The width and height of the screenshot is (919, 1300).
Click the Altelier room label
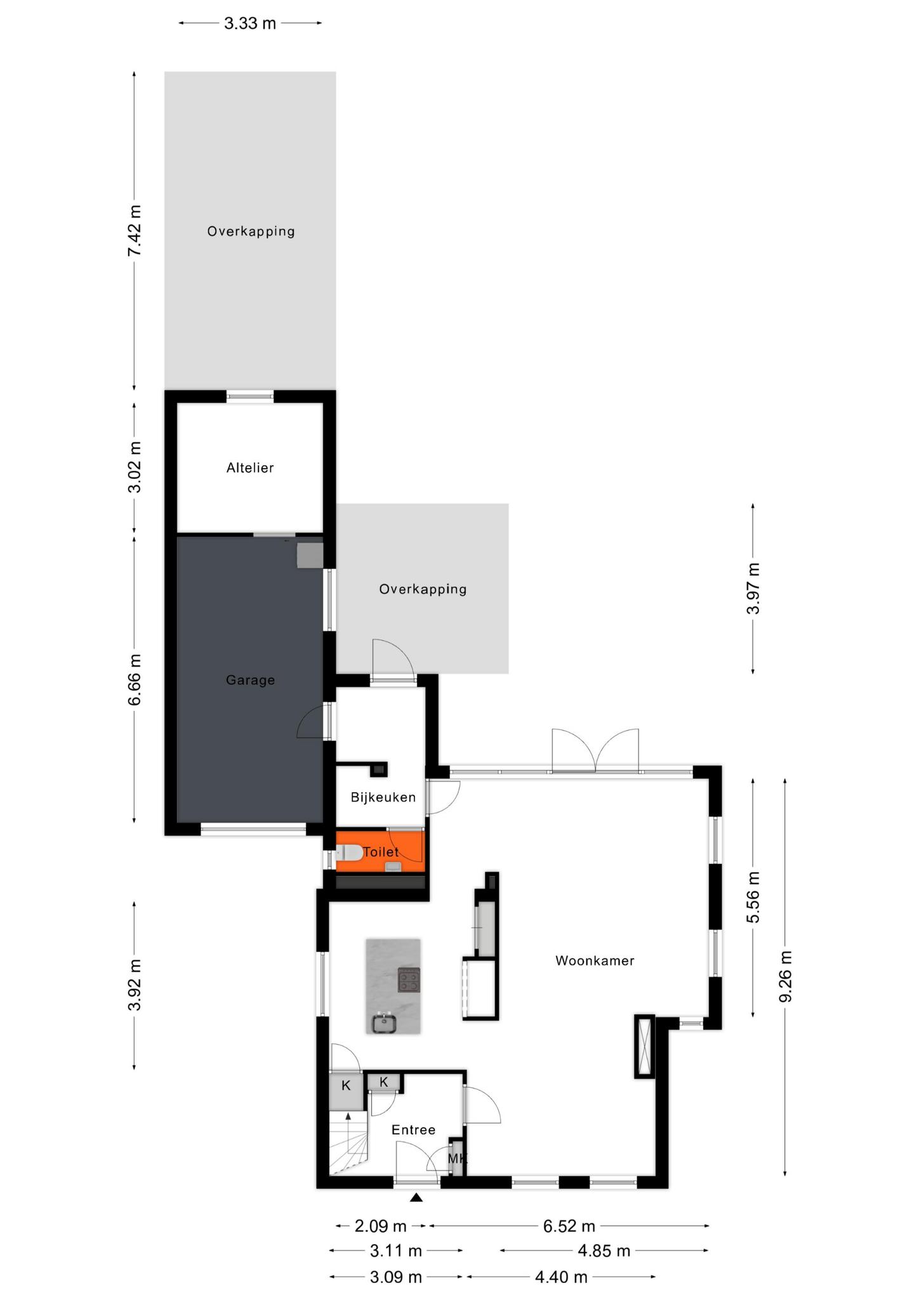[x=250, y=468]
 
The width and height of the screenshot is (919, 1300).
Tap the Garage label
[x=250, y=680]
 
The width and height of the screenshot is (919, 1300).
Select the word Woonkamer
[x=595, y=960]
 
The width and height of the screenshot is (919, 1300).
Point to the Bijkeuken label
[x=383, y=797]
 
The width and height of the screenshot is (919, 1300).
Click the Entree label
[x=413, y=1129]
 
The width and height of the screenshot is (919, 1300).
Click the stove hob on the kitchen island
[x=409, y=979]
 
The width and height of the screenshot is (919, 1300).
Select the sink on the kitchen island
[x=384, y=1023]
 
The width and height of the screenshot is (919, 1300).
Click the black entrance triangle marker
[x=416, y=1197]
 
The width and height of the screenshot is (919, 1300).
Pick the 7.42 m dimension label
[x=135, y=230]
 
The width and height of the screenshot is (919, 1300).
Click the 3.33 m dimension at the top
[x=250, y=23]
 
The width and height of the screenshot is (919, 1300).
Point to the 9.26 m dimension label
[x=786, y=976]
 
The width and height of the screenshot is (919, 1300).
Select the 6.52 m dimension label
[x=569, y=1226]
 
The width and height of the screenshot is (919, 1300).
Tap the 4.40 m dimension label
[x=561, y=1277]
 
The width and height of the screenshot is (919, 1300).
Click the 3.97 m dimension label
[x=753, y=588]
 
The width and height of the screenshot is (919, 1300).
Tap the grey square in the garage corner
[x=310, y=555]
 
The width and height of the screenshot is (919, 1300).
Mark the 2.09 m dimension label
[x=381, y=1226]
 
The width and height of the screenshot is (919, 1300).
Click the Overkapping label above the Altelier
[x=251, y=231]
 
